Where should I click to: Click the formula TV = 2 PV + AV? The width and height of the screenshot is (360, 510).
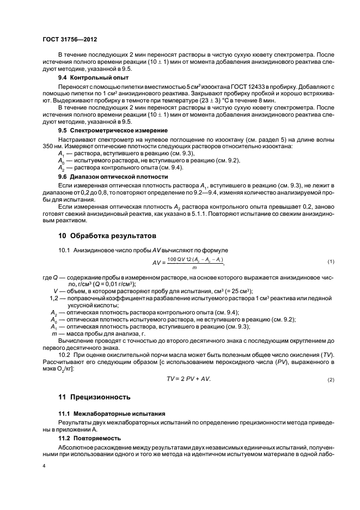(188, 379)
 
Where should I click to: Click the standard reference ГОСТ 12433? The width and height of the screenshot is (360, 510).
(232, 87)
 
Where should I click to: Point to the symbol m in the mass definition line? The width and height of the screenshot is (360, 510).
(53, 333)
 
